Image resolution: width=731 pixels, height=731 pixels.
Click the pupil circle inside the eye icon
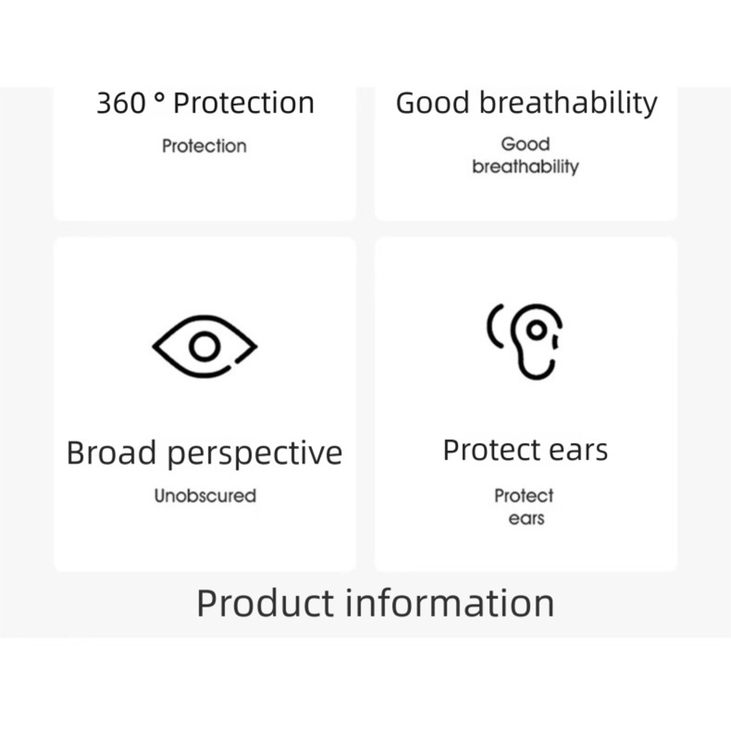pos(204,346)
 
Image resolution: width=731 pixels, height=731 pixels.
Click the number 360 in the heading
pos(121,102)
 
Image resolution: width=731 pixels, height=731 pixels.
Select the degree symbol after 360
pos(159,97)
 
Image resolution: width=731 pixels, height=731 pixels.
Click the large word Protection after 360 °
pos(243,102)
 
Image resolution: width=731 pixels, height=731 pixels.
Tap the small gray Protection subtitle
pos(204,146)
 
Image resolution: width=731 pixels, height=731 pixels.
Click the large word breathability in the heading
pos(568,102)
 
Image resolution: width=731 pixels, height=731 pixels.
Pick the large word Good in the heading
pos(432,102)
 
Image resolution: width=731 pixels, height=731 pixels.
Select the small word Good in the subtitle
pos(526,144)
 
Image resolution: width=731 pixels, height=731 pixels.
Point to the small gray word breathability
pos(526,167)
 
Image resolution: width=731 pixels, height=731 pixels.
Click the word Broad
pos(111,452)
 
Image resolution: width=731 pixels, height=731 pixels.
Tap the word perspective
pos(255,454)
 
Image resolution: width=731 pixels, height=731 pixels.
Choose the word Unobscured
pos(205,496)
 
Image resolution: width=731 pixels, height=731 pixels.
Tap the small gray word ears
pos(526,519)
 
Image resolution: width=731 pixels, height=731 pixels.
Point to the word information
pos(450,603)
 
